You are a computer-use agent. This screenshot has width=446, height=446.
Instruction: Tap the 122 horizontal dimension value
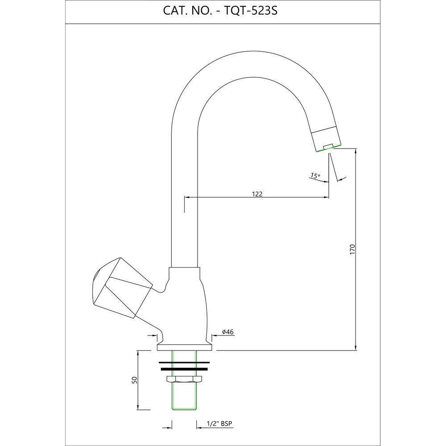[257, 194]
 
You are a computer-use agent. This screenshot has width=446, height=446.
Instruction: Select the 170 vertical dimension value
[352, 249]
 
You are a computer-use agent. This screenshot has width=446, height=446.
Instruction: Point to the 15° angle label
[315, 176]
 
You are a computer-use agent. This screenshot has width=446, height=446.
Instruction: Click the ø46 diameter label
[228, 332]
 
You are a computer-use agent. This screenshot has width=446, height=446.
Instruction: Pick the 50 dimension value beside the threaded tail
[134, 380]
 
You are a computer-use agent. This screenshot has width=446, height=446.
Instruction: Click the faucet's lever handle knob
[118, 288]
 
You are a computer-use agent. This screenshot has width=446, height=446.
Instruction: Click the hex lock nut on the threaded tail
[184, 380]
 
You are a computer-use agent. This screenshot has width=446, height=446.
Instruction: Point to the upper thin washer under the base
[184, 362]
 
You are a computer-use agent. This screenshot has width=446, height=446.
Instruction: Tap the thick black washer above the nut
[184, 369]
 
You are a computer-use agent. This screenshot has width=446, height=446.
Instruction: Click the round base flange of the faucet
[184, 347]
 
